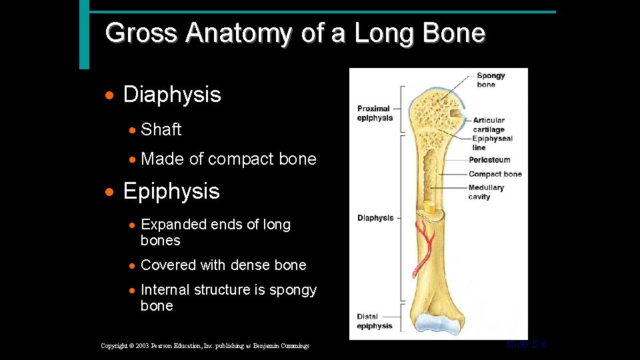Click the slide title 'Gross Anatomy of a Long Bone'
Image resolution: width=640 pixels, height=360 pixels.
(295, 33)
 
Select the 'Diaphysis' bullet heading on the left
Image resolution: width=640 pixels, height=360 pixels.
(171, 95)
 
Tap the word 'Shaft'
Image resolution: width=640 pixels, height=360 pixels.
(161, 129)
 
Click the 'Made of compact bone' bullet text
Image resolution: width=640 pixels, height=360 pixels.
(228, 159)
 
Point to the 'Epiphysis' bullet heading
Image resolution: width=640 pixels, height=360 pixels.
(171, 191)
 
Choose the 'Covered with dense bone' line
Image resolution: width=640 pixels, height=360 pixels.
(223, 265)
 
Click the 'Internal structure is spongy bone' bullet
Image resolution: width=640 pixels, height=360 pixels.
(228, 297)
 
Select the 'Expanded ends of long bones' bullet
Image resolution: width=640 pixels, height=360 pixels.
(215, 232)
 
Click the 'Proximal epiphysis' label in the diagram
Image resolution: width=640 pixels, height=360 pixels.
(374, 113)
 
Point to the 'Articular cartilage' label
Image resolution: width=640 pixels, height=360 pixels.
(489, 125)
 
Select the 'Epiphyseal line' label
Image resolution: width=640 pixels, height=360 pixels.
(492, 143)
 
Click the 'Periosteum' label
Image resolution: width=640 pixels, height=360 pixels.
(489, 160)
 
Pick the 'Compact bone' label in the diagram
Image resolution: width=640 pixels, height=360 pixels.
(495, 174)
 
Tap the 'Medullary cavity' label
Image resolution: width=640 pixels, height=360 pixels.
(486, 192)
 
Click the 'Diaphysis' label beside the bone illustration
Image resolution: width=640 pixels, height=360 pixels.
(375, 218)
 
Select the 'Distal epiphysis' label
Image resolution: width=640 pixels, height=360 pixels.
(374, 321)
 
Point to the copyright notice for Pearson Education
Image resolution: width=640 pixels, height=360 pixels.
(205, 346)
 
